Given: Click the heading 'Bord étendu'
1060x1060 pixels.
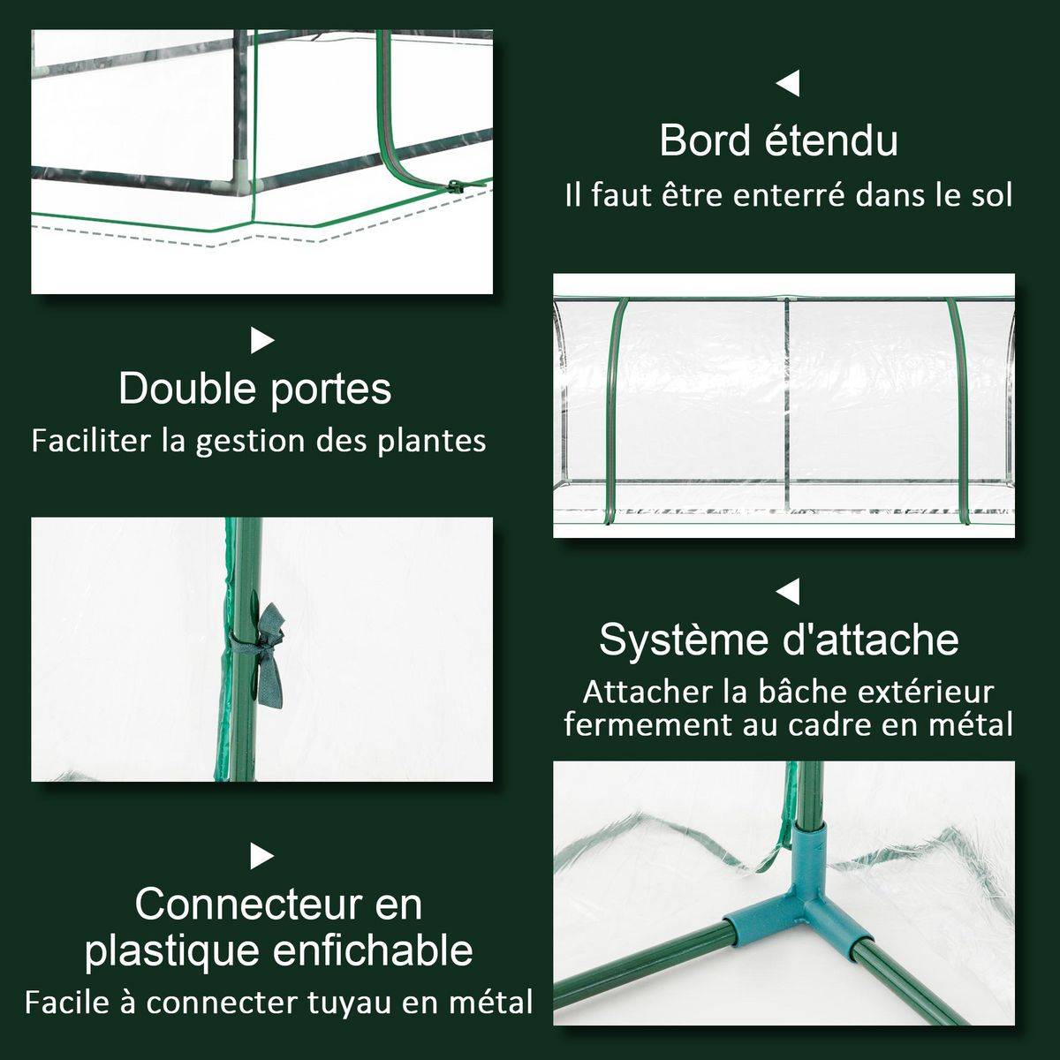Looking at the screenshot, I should tap(778, 140).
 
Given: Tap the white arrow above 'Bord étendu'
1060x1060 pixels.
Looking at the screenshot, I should tap(787, 84).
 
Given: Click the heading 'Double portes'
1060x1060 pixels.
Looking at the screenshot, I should tap(254, 389).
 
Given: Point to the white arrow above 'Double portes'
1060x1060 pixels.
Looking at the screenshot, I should tap(262, 340).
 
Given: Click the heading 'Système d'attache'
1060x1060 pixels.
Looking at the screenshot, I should tap(778, 639).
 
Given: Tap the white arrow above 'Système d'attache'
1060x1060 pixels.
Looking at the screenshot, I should tap(787, 590).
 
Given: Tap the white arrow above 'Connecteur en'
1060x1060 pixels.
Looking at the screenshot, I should tap(262, 856).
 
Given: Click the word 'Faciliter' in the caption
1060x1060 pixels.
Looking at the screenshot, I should tap(91, 441).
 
